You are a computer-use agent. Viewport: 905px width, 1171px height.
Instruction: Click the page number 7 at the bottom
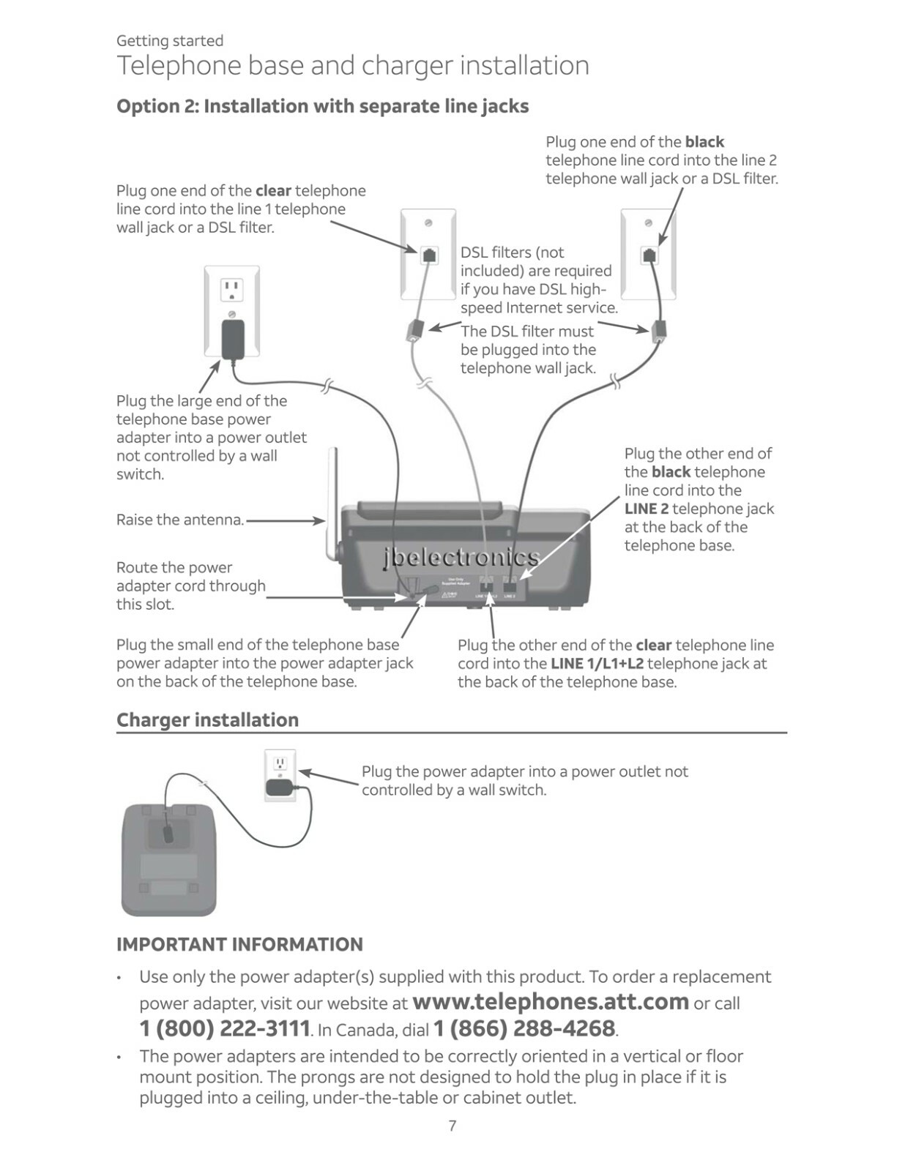pyautogui.click(x=452, y=1126)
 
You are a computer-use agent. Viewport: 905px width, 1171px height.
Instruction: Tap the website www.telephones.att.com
pyautogui.click(x=551, y=1001)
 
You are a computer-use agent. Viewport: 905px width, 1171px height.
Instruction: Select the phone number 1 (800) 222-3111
pyautogui.click(x=225, y=1028)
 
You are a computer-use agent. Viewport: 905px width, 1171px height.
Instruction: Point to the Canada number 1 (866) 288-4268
pyautogui.click(x=524, y=1028)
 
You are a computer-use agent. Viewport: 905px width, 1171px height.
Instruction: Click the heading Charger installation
pyautogui.click(x=207, y=720)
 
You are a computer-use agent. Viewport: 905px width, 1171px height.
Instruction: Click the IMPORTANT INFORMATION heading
pyautogui.click(x=239, y=944)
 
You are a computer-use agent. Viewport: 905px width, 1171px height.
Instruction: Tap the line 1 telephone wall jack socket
pyautogui.click(x=429, y=255)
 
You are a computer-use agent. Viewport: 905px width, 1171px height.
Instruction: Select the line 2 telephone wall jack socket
pyautogui.click(x=649, y=255)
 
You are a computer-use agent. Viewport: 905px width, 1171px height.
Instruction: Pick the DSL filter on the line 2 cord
pyautogui.click(x=659, y=331)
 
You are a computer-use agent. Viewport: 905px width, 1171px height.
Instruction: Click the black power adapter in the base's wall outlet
pyautogui.click(x=233, y=339)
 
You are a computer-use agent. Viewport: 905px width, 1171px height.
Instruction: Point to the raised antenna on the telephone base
pyautogui.click(x=332, y=505)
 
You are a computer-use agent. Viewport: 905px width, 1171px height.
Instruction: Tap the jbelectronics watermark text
pyautogui.click(x=461, y=558)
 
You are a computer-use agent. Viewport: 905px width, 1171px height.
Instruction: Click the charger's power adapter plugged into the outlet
pyautogui.click(x=279, y=787)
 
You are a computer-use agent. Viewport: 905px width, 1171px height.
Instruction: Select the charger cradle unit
pyautogui.click(x=169, y=859)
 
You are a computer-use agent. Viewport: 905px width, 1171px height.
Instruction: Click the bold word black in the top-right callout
pyautogui.click(x=704, y=142)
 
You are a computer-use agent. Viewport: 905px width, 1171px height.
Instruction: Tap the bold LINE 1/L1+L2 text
pyautogui.click(x=597, y=664)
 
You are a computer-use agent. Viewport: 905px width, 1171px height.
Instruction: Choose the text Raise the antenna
pyautogui.click(x=180, y=520)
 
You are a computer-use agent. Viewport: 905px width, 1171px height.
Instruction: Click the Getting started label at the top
pyautogui.click(x=170, y=41)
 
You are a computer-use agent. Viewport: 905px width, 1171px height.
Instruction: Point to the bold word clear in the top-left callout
pyautogui.click(x=273, y=191)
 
